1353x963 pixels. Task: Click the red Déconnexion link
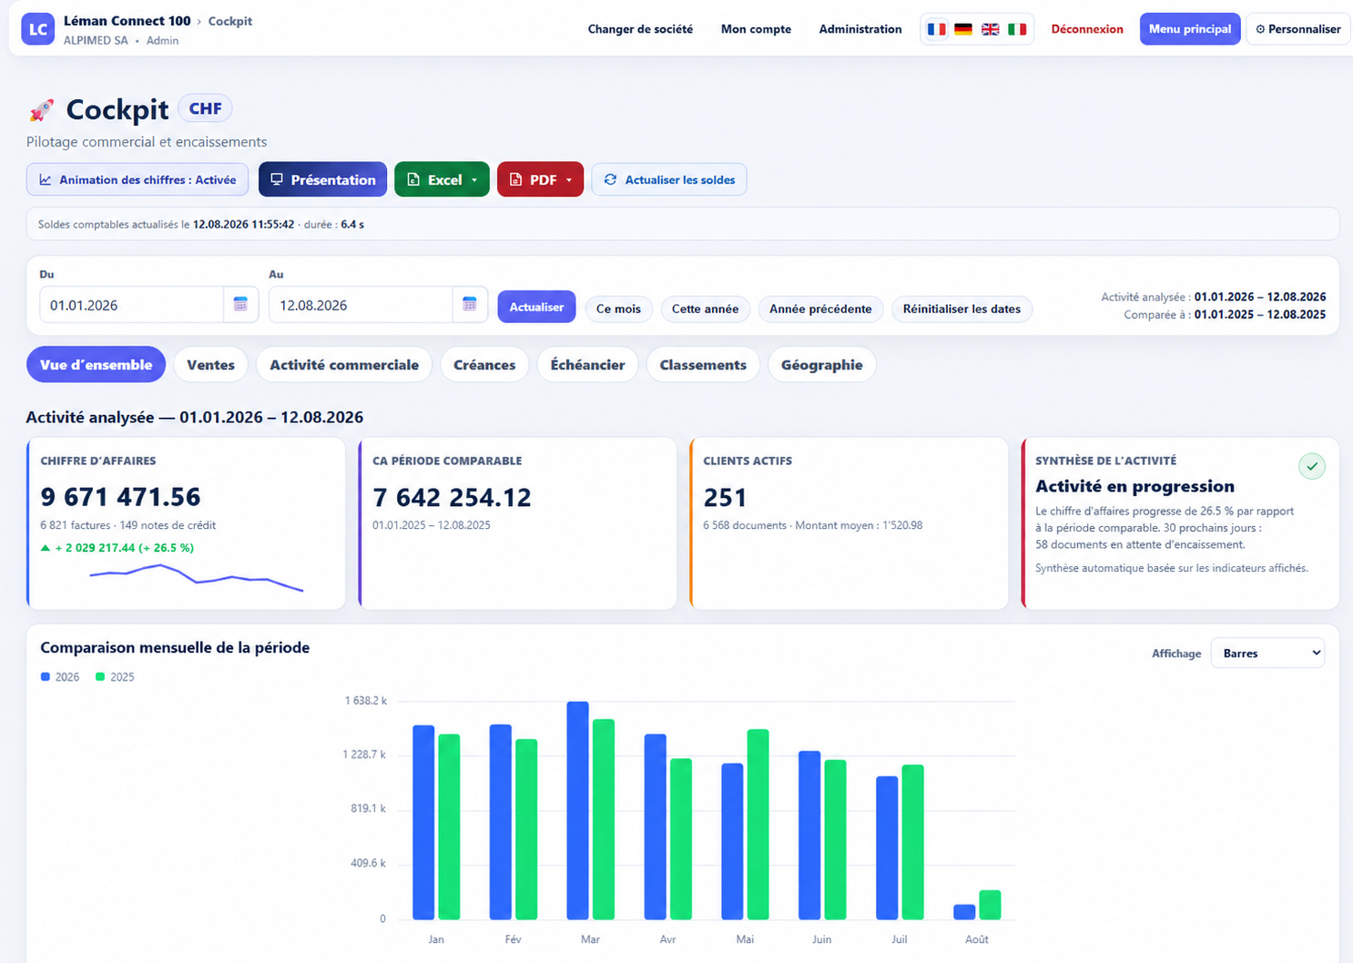(1086, 29)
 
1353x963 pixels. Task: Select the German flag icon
(963, 29)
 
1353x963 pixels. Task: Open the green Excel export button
(442, 179)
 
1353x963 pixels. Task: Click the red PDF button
(540, 179)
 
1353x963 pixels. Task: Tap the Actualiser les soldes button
(668, 179)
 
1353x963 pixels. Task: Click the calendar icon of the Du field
(240, 304)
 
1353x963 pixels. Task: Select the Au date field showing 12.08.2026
(361, 305)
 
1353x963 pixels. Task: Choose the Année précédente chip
(820, 309)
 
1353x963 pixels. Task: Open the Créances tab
(484, 365)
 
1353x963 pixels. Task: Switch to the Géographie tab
(821, 365)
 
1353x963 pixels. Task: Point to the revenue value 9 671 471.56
(120, 497)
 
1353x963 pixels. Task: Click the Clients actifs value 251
(725, 498)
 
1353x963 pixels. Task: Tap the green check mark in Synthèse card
(1312, 466)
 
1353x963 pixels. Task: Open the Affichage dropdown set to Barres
(1267, 654)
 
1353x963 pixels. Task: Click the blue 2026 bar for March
(577, 810)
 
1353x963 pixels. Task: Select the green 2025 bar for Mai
(758, 824)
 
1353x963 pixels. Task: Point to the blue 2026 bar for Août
(964, 912)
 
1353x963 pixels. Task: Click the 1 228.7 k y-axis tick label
(364, 755)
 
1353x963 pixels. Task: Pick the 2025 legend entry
(115, 677)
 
